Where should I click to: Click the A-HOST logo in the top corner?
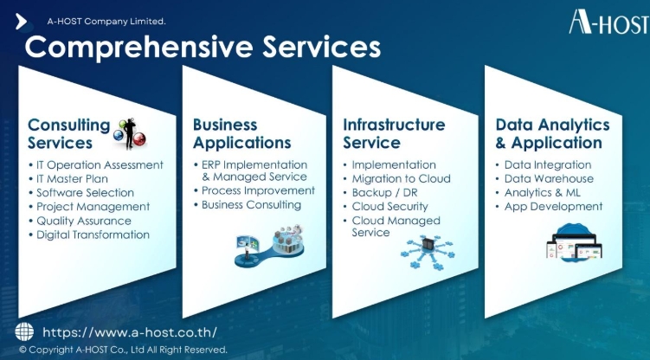(x=609, y=22)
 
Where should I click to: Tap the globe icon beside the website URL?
(x=24, y=331)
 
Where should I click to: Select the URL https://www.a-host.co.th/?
(x=130, y=332)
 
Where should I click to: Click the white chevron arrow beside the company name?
(x=21, y=22)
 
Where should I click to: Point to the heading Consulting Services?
(x=69, y=134)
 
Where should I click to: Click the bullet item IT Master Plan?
(x=72, y=179)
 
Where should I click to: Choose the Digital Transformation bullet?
(x=93, y=235)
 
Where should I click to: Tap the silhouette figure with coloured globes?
(x=130, y=133)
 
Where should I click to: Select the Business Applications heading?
(x=242, y=134)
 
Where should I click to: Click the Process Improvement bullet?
(x=258, y=190)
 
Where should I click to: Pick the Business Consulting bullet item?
(x=251, y=204)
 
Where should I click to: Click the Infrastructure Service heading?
(x=394, y=134)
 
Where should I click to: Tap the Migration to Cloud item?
(x=402, y=178)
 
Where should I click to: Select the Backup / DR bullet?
(x=384, y=193)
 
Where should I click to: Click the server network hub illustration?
(x=428, y=253)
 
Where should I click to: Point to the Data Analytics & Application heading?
(x=552, y=134)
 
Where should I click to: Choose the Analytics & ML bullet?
(x=542, y=193)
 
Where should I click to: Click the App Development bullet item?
(x=553, y=206)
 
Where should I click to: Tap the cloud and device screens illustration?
(x=574, y=242)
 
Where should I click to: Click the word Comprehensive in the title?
(x=138, y=48)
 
